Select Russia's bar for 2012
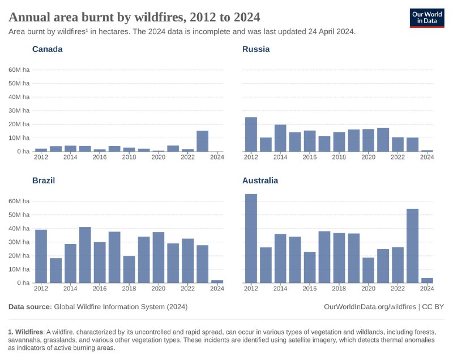click(251, 134)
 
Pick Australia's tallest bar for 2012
click(251, 238)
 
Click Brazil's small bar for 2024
click(217, 281)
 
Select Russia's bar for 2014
click(280, 138)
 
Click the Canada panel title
click(47, 49)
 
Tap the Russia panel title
click(256, 49)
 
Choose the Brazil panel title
click(44, 181)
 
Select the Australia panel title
click(260, 181)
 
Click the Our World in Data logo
click(427, 18)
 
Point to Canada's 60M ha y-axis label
click(19, 70)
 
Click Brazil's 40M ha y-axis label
click(19, 228)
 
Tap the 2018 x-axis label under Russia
click(339, 157)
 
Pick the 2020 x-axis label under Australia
click(369, 289)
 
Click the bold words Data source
click(29, 306)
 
